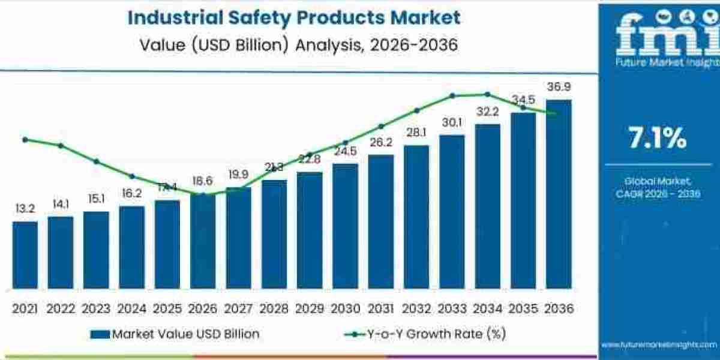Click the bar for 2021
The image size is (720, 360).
coord(25,256)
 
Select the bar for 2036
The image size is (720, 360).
coord(558,195)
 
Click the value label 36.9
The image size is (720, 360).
coord(558,88)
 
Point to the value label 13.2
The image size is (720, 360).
coord(25,209)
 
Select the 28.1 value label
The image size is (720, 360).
coord(416,133)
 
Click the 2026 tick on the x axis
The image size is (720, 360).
coord(203,308)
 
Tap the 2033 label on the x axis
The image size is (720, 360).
coord(452,308)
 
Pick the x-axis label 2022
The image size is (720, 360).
coord(61,308)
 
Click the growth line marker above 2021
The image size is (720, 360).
coord(25,139)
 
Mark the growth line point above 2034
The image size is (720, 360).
coord(487,94)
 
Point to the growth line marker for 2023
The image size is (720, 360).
coord(96,161)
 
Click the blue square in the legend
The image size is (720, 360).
coord(100,334)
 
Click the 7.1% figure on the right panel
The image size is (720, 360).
coord(658,139)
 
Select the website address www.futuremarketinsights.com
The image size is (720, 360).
coord(659,344)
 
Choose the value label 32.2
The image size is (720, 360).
coord(487,112)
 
